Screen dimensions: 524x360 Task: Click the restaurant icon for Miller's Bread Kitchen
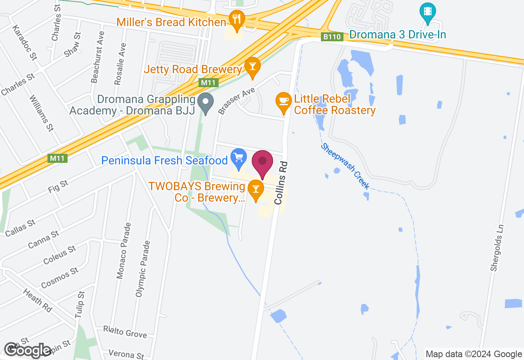pos(237,19)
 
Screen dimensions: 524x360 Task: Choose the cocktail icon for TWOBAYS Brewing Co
pos(256,189)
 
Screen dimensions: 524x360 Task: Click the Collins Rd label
pos(282,182)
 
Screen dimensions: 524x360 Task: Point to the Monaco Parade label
pos(124,250)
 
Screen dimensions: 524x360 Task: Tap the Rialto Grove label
pos(125,332)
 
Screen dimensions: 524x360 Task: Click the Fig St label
pos(58,186)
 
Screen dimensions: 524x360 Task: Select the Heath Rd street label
pos(38,301)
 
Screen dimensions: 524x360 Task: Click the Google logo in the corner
pos(27,350)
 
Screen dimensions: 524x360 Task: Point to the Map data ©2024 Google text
pos(474,354)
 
